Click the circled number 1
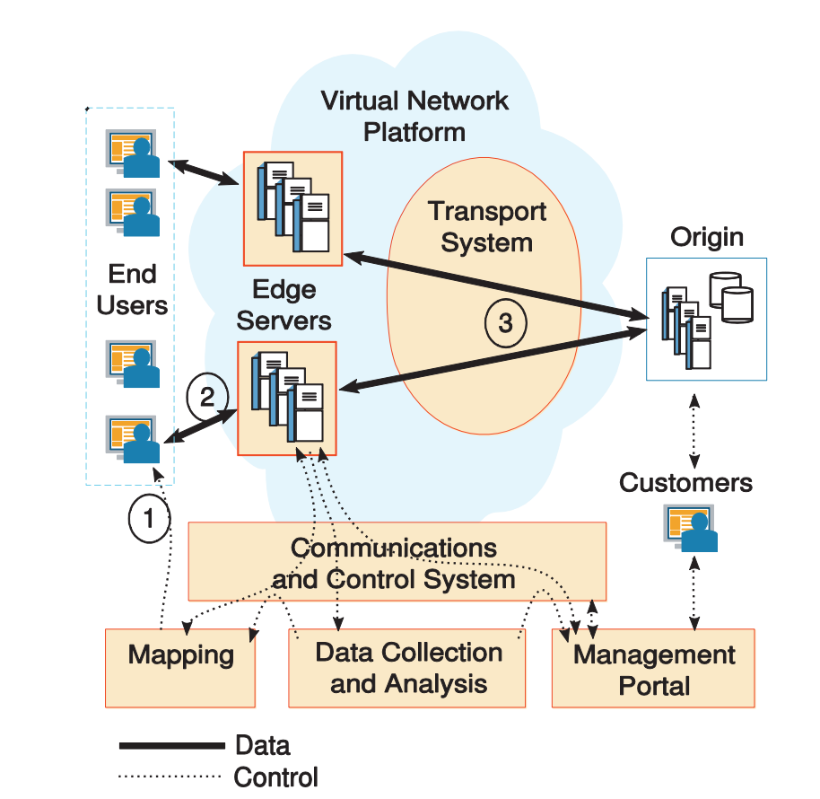point(149,518)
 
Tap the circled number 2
point(207,397)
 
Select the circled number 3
point(506,323)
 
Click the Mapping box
point(180,668)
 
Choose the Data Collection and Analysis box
point(407,668)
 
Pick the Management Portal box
point(653,669)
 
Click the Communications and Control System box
point(396,562)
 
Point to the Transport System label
point(486,226)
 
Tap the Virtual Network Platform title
point(414,116)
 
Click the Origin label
point(707,237)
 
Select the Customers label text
point(685,483)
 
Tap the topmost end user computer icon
point(132,153)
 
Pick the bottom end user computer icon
point(132,437)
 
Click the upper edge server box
point(292,207)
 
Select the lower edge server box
point(286,398)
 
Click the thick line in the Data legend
point(171,745)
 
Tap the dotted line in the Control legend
point(170,776)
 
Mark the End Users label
point(132,289)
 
